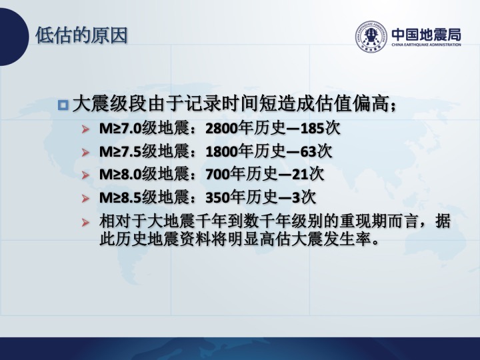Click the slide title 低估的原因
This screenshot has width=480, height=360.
[x=81, y=35]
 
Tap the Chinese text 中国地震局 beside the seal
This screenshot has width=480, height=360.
[x=427, y=34]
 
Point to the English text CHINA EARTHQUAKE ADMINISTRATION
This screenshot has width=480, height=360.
[x=427, y=45]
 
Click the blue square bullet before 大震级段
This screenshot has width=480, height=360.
[x=63, y=105]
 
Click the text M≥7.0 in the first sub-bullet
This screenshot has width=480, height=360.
[x=120, y=128]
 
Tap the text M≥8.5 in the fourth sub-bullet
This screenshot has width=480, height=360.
[x=120, y=198]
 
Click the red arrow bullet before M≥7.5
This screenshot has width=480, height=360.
[x=85, y=152]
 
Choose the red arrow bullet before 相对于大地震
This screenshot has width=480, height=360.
[x=85, y=221]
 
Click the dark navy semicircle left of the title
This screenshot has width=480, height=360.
[x=14, y=37]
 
